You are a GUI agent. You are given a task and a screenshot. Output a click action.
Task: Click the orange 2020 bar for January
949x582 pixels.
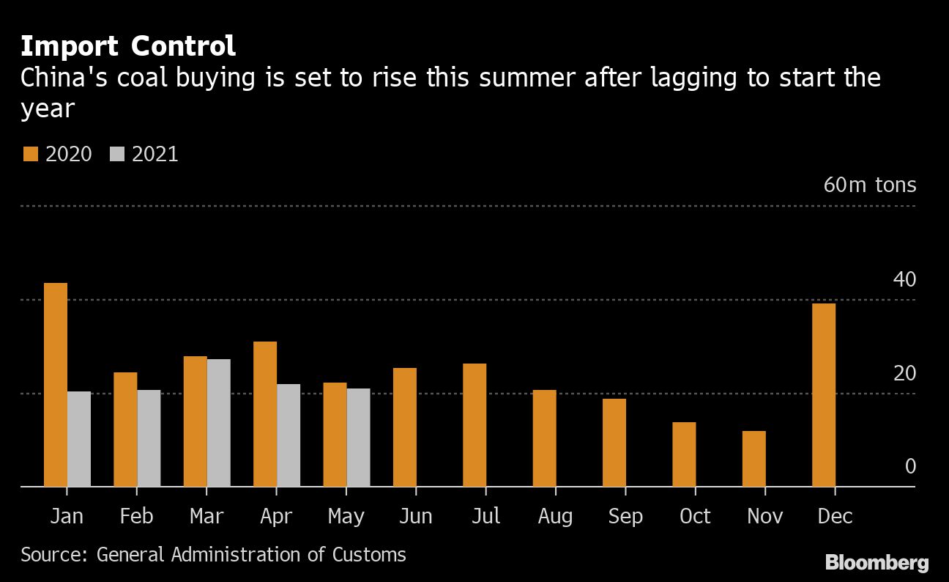click(x=56, y=385)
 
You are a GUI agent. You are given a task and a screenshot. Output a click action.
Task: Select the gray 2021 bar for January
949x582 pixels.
click(x=79, y=439)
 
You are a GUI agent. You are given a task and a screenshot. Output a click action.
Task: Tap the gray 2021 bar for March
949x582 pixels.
click(x=219, y=423)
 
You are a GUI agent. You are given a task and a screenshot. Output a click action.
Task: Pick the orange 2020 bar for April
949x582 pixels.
click(x=265, y=414)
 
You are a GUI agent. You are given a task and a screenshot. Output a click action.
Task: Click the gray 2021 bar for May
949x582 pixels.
click(x=358, y=438)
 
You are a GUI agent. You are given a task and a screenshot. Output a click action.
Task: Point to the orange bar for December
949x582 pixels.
click(x=824, y=395)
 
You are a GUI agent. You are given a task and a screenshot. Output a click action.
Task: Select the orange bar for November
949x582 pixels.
click(x=754, y=459)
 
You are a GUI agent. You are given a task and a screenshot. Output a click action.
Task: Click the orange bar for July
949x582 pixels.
click(x=474, y=425)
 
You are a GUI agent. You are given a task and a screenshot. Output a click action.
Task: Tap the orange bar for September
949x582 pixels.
click(x=614, y=443)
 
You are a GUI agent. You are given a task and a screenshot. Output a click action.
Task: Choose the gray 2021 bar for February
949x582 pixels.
click(x=149, y=438)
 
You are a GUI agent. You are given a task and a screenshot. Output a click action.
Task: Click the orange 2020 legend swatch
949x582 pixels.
click(x=30, y=154)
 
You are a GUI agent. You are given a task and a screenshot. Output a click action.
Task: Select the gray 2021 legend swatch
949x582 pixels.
click(x=117, y=154)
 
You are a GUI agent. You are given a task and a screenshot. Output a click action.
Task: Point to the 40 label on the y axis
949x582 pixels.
click(x=904, y=279)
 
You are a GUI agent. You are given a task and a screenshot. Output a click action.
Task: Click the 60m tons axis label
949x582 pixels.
click(x=869, y=185)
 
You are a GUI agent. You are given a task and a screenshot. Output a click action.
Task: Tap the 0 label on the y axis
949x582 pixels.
click(x=910, y=466)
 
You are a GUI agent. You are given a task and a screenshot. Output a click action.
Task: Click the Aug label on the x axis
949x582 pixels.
click(x=555, y=517)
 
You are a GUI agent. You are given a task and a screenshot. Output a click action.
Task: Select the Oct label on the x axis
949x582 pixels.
click(x=695, y=517)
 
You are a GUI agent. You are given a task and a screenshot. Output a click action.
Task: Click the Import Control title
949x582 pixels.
click(x=128, y=46)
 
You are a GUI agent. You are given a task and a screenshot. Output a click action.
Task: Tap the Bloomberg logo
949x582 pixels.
click(x=877, y=563)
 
